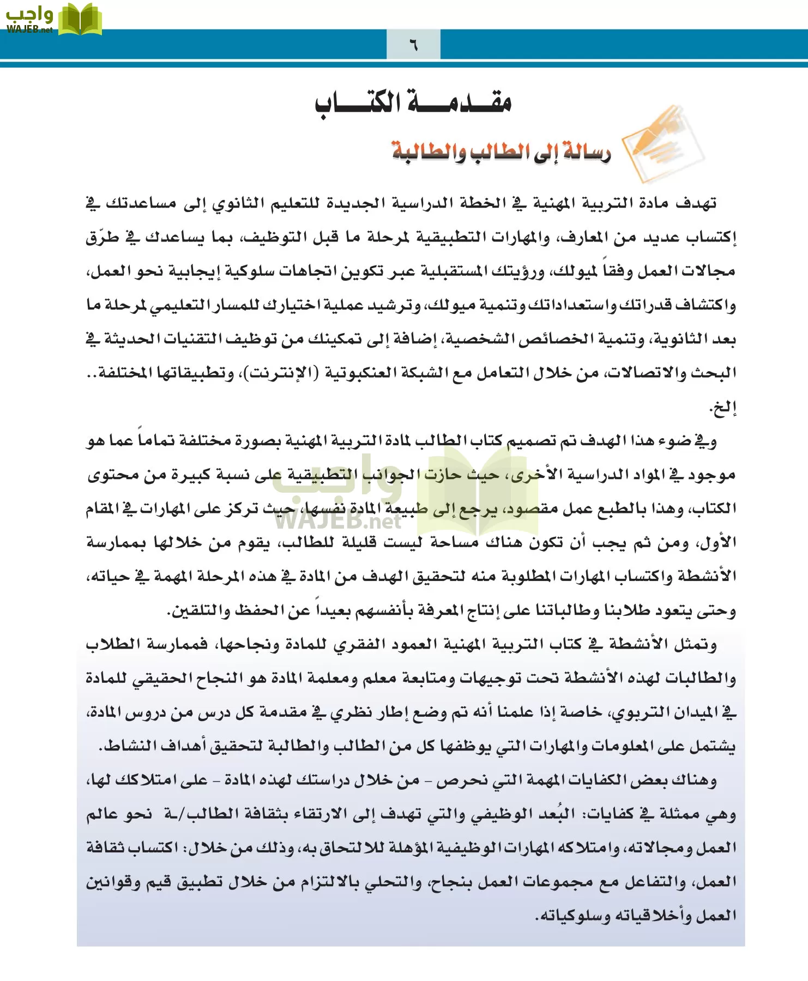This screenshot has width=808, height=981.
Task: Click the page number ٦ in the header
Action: tap(413, 45)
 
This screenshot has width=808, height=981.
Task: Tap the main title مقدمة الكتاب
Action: tap(413, 102)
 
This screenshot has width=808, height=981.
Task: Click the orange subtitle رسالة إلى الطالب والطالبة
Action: tap(501, 152)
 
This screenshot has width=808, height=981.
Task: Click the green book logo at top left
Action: tap(80, 20)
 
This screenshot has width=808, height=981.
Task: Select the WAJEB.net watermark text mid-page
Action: tap(337, 520)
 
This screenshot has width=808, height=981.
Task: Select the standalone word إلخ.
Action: tap(723, 407)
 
